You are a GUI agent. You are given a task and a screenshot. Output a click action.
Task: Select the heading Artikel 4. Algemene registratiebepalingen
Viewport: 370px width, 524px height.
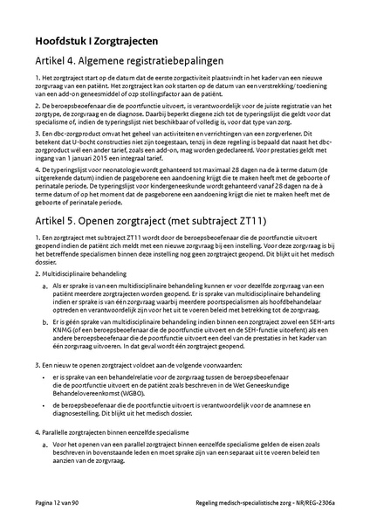[x=130, y=62]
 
